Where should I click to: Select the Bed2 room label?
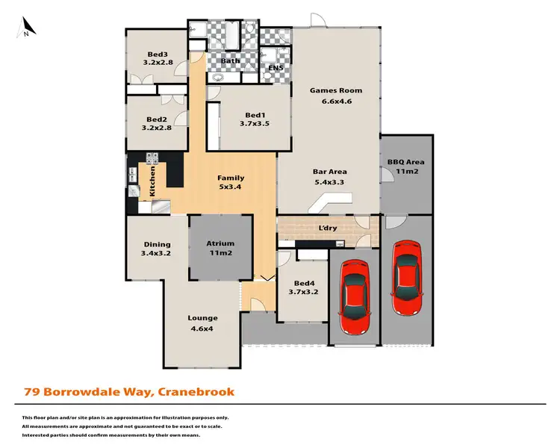coord(157,119)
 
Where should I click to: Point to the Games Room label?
coord(331,90)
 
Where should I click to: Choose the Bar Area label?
coord(329,172)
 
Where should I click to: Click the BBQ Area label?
coord(405,162)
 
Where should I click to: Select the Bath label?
coord(231,60)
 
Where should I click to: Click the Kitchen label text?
coord(153,181)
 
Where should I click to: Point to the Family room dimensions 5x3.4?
coord(231,187)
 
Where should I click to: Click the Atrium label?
coord(220,243)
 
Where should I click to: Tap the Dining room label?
coord(157,244)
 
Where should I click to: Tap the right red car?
coord(406,277)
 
